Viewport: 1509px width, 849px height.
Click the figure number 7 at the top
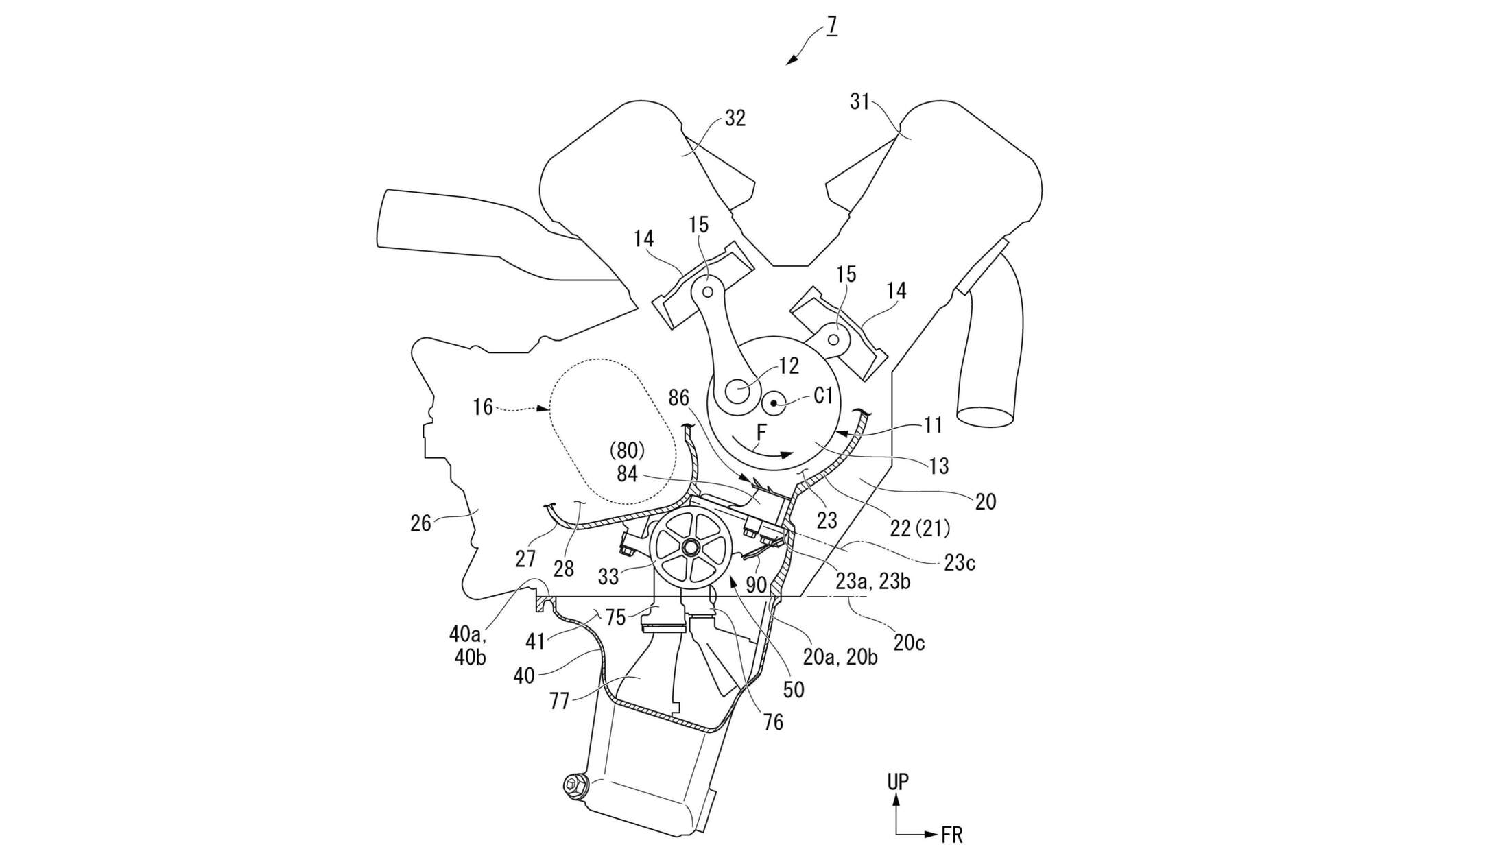click(x=831, y=25)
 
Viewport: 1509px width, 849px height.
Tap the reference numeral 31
click(x=859, y=102)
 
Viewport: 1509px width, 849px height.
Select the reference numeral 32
click(x=735, y=119)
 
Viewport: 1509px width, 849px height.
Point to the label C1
click(x=823, y=396)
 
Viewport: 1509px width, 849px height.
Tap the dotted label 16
click(x=483, y=407)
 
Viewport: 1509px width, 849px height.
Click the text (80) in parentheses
click(x=627, y=451)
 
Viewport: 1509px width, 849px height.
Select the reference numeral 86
click(x=678, y=398)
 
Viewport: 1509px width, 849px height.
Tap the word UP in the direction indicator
click(x=898, y=782)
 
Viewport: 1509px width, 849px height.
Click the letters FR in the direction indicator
click(x=951, y=835)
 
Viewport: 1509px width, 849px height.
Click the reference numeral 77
click(x=559, y=702)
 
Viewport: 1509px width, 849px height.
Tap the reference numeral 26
click(x=420, y=524)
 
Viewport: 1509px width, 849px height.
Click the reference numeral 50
click(x=793, y=689)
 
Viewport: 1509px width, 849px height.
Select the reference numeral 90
click(x=756, y=585)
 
